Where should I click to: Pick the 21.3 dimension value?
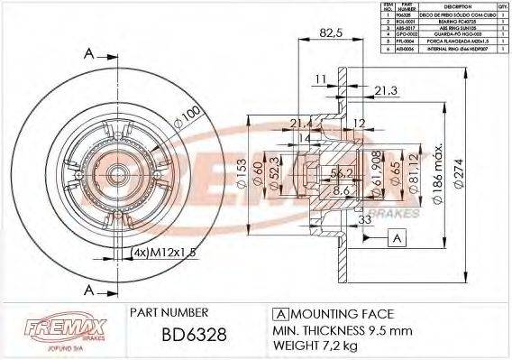pos(385,90)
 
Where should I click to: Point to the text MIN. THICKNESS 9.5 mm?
pos(342,331)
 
